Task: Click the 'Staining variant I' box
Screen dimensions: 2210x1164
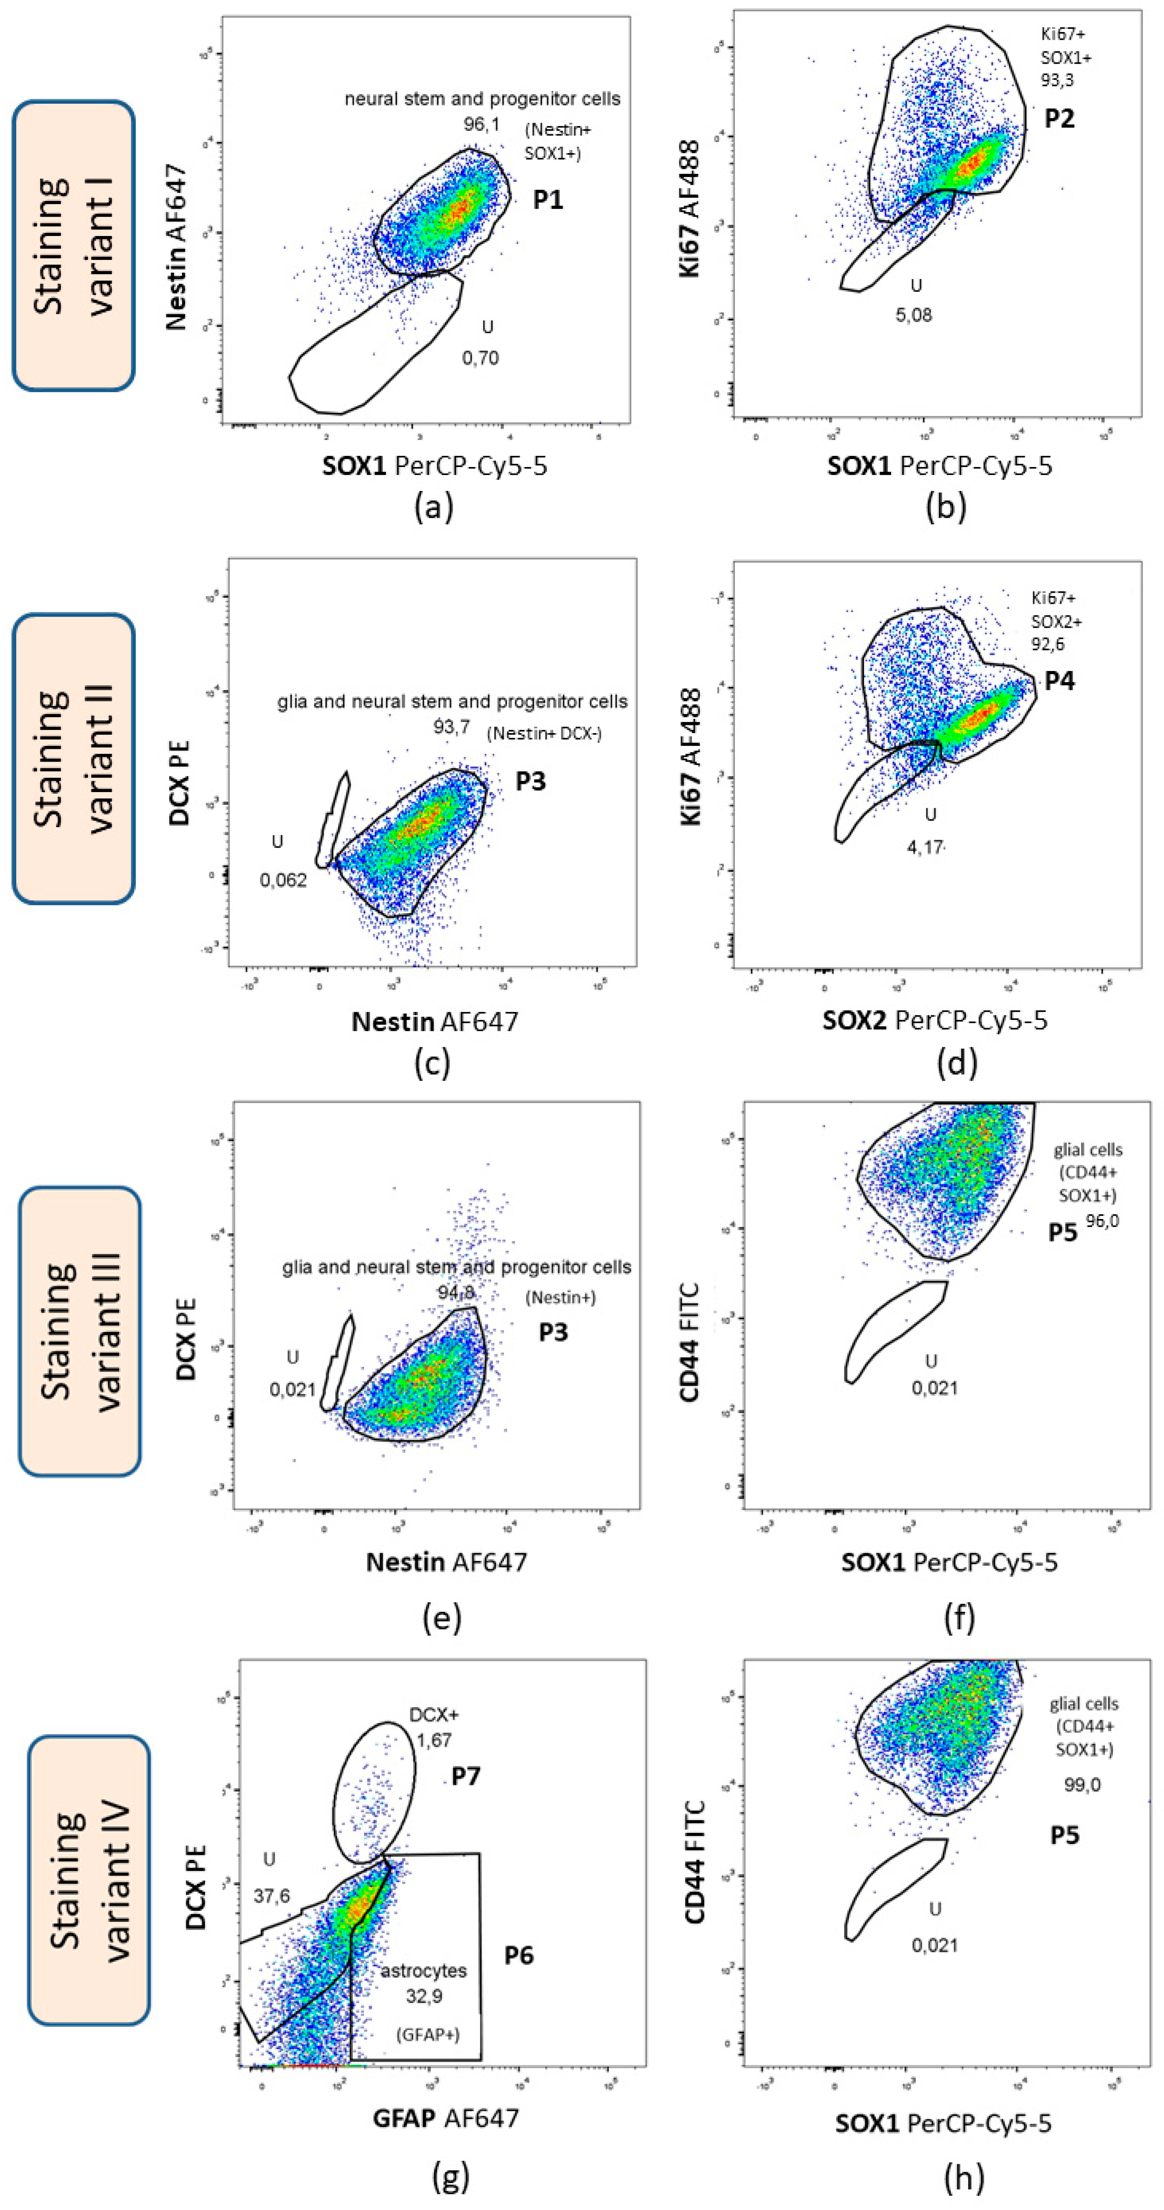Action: [74, 245]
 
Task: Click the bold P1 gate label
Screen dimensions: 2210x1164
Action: [548, 200]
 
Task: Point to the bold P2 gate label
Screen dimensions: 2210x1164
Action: [1060, 118]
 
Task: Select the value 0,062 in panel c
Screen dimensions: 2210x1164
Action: [283, 880]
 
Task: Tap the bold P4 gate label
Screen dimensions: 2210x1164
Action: [1060, 681]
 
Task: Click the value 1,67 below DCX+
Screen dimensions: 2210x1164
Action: [434, 1740]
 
